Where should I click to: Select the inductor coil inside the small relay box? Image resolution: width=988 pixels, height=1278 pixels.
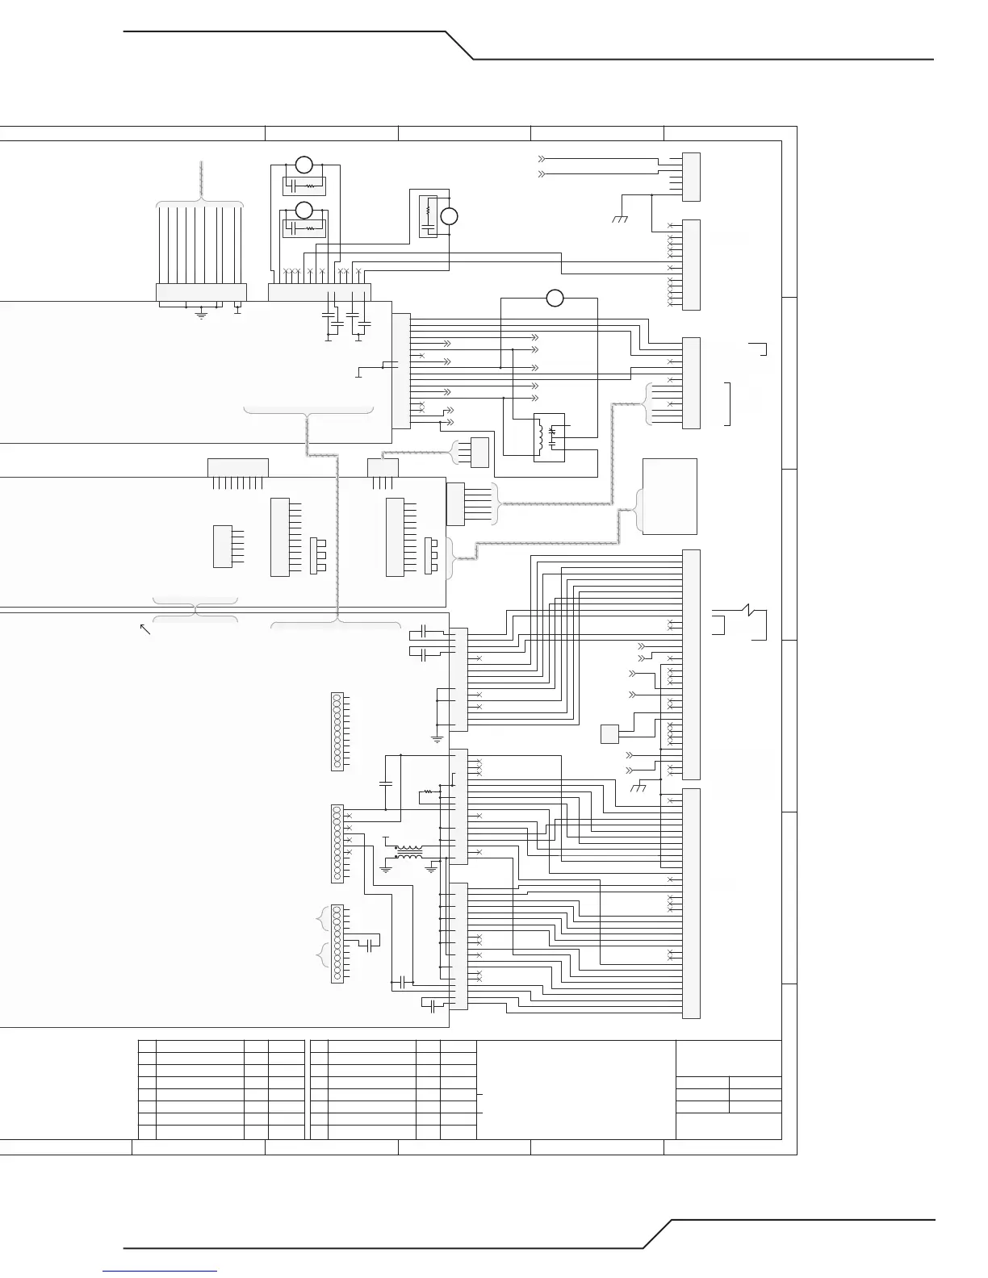click(540, 436)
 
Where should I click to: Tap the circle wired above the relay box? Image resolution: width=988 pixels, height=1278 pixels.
click(555, 298)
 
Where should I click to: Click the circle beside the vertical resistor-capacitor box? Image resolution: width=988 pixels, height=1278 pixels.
click(450, 216)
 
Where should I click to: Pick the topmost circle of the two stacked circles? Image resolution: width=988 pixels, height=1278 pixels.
click(304, 165)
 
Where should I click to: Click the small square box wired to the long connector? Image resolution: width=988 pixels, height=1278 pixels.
click(609, 734)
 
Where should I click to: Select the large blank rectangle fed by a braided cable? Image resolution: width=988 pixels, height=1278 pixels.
click(669, 496)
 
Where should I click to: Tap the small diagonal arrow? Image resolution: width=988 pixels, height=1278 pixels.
click(145, 629)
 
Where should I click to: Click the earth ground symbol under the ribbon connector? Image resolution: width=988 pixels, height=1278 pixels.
click(202, 314)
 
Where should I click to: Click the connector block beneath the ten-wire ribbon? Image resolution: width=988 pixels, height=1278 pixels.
click(201, 292)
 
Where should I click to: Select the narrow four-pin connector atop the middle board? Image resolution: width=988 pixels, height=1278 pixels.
click(383, 468)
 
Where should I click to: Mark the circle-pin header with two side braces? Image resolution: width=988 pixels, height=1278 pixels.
click(337, 943)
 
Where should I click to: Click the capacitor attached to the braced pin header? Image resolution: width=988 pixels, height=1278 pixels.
click(370, 945)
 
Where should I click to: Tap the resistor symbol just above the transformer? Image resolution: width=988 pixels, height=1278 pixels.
click(427, 792)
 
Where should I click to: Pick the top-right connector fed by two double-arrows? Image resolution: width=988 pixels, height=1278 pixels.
click(691, 177)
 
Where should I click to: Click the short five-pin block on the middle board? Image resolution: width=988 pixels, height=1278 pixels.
click(222, 546)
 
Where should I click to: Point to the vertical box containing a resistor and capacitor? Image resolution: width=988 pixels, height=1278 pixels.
click(428, 216)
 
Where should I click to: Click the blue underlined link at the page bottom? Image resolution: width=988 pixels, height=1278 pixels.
click(160, 1272)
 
